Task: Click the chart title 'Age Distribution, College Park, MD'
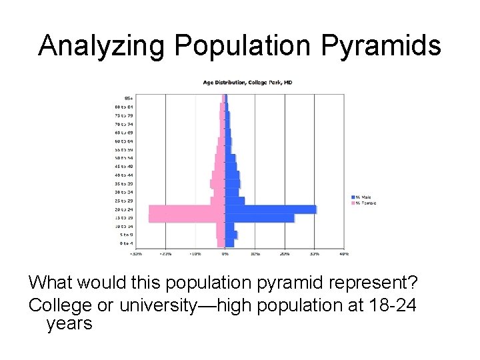pyautogui.click(x=247, y=83)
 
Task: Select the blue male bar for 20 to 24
pyautogui.click(x=270, y=209)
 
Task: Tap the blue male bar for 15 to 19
pyautogui.click(x=259, y=218)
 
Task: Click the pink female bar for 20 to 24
pyautogui.click(x=187, y=209)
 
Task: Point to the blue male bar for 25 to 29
pyautogui.click(x=235, y=201)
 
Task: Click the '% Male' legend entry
pyautogui.click(x=363, y=197)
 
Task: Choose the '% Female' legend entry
pyautogui.click(x=365, y=203)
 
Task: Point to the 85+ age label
pyautogui.click(x=128, y=98)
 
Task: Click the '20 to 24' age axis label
pyautogui.click(x=124, y=209)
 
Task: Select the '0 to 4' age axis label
pyautogui.click(x=125, y=243)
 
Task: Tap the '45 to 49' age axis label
pyautogui.click(x=124, y=166)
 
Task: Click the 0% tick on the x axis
pyautogui.click(x=225, y=253)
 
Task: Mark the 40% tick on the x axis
pyautogui.click(x=344, y=253)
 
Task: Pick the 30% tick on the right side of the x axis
pyautogui.click(x=314, y=253)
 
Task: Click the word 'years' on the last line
pyautogui.click(x=69, y=324)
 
